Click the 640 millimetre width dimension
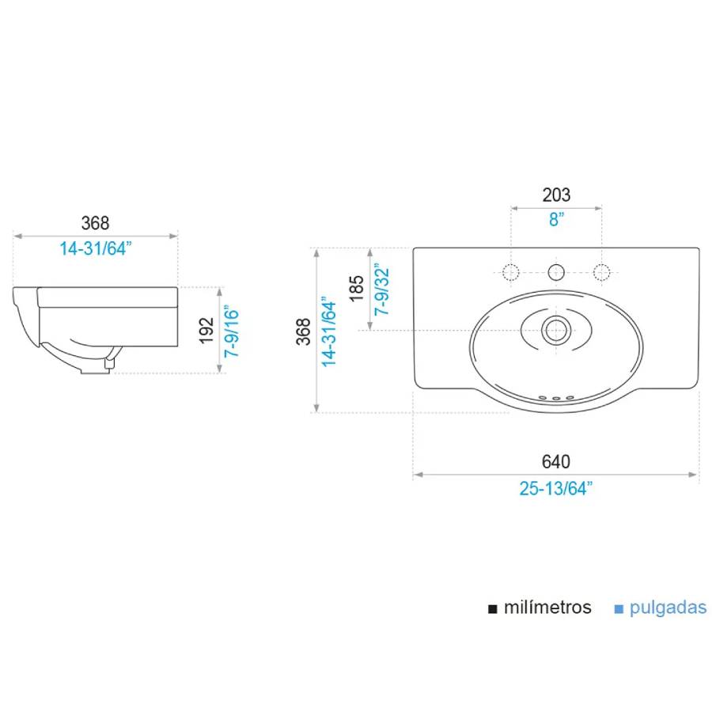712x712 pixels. pyautogui.click(x=556, y=461)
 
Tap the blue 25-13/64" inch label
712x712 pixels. pyautogui.click(x=556, y=489)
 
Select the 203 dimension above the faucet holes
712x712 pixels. pyautogui.click(x=556, y=195)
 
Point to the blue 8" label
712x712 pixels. pyautogui.click(x=556, y=219)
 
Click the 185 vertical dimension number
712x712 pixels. pyautogui.click(x=357, y=288)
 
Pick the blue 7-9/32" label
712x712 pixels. pyautogui.click(x=382, y=289)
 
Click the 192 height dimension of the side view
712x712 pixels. pyautogui.click(x=206, y=331)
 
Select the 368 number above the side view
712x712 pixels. pyautogui.click(x=96, y=223)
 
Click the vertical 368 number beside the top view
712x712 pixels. pyautogui.click(x=303, y=331)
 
